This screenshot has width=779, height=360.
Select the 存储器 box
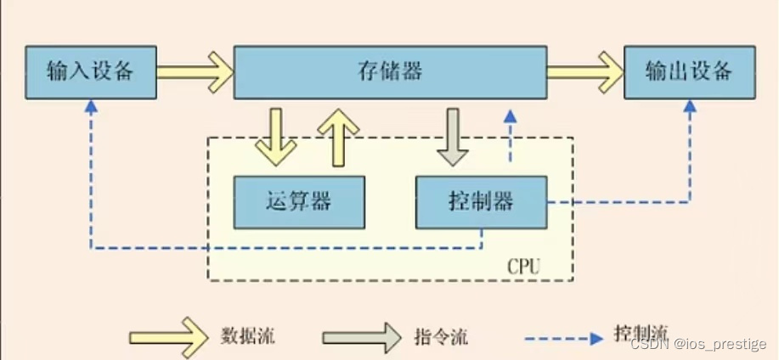pos(390,72)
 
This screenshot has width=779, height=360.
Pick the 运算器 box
pos(298,201)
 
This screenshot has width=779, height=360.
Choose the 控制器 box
pos(480,202)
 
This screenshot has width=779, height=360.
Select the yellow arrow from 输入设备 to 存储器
pos(195,71)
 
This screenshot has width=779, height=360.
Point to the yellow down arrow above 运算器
pos(275,137)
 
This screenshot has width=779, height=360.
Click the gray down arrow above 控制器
pos(451,137)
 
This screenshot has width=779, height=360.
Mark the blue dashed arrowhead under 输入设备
pos(91,106)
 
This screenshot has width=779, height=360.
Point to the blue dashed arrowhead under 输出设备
pos(690,106)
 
